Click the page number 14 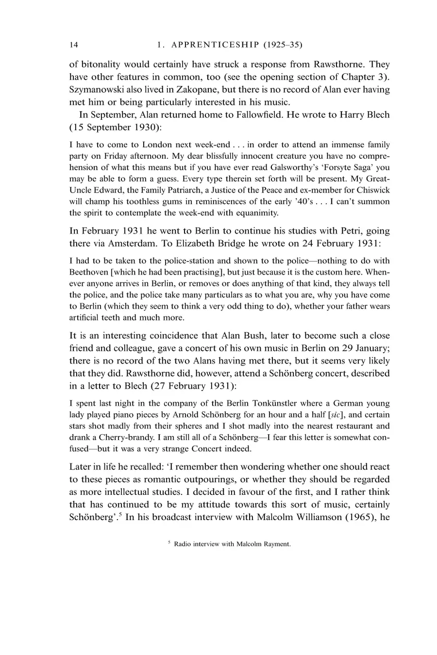[73, 45]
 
